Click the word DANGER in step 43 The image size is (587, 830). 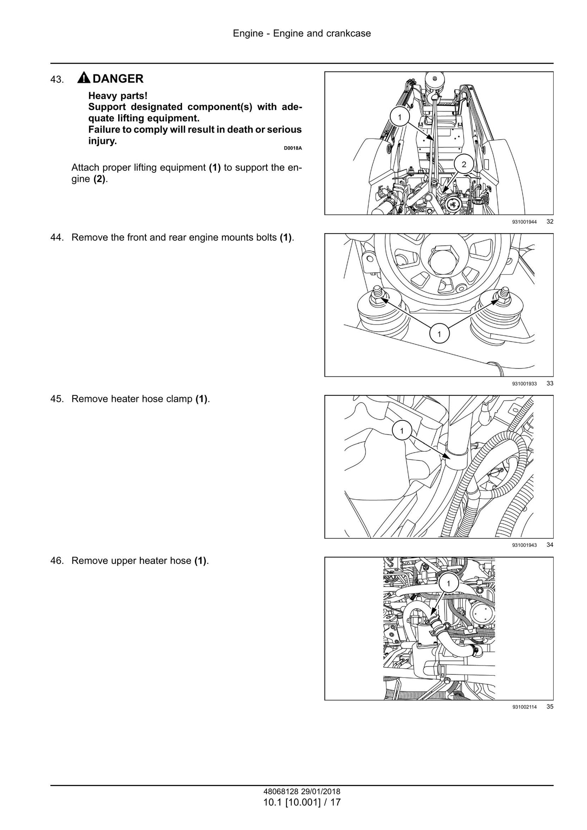click(118, 78)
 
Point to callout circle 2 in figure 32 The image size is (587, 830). click(464, 164)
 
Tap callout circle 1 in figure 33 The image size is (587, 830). click(439, 334)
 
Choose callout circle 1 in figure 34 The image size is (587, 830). click(402, 431)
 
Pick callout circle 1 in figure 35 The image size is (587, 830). click(448, 584)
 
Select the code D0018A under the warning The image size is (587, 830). click(293, 148)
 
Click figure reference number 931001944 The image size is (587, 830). click(524, 222)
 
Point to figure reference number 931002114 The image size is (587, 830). click(524, 707)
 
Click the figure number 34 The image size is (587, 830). click(550, 545)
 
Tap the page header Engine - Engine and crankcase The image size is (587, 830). click(302, 33)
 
